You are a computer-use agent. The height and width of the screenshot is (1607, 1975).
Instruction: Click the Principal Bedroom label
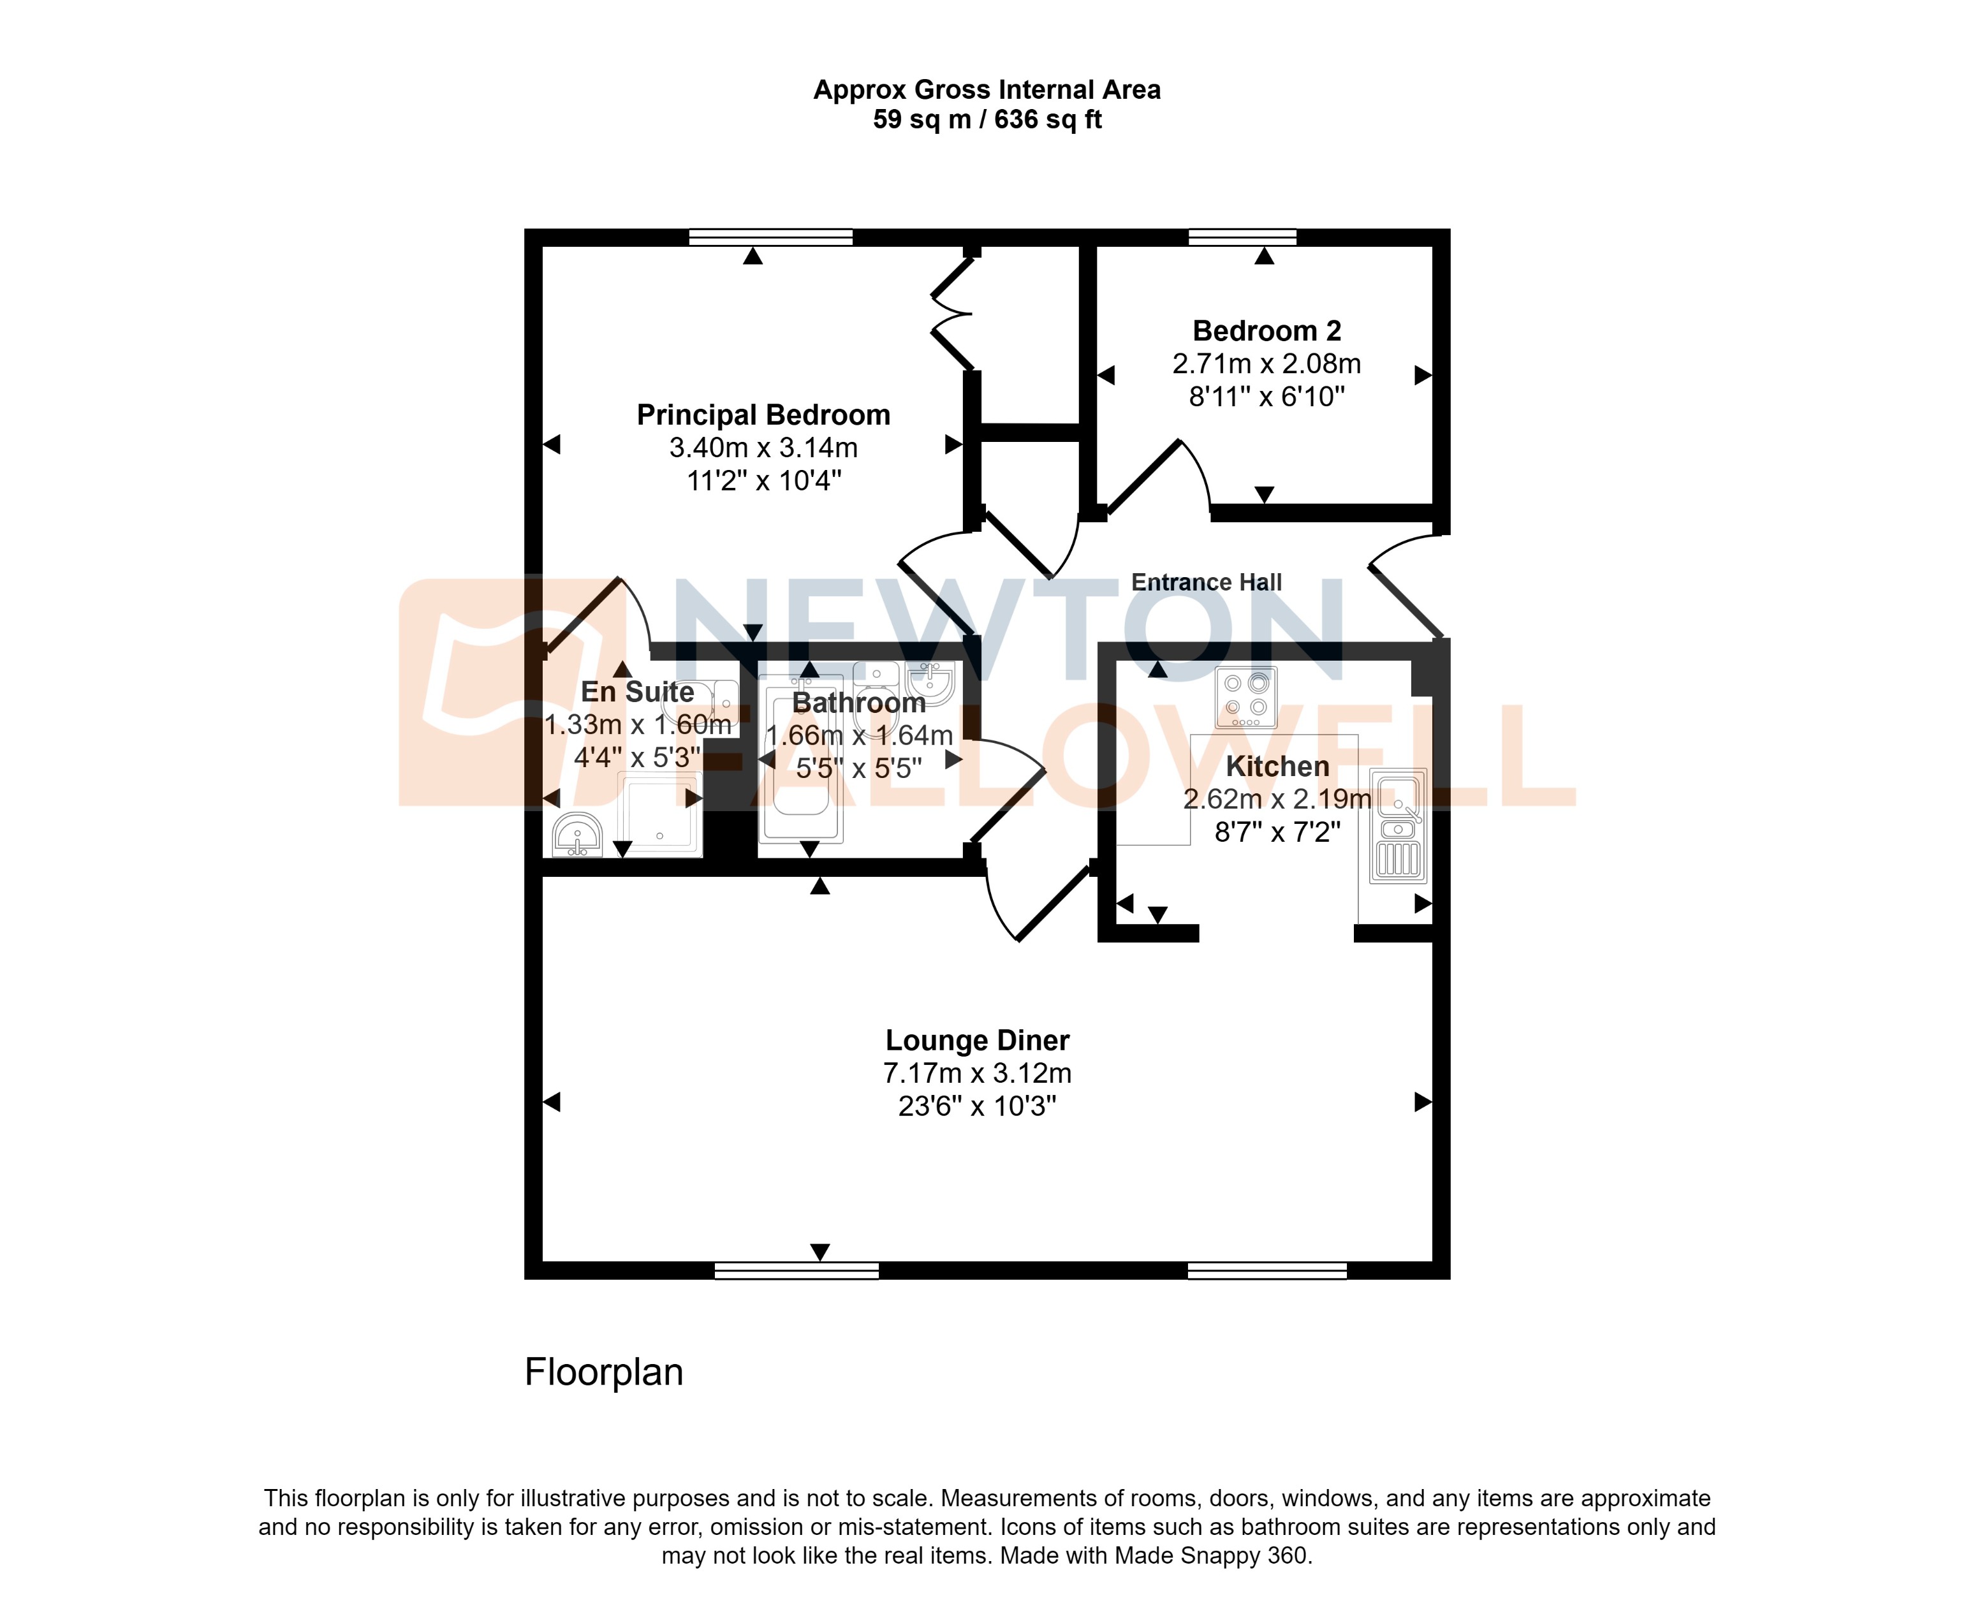pyautogui.click(x=763, y=415)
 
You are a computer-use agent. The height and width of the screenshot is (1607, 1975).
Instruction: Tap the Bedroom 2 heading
pyautogui.click(x=1266, y=330)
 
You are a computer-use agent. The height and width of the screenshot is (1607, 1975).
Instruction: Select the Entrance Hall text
pyautogui.click(x=1206, y=582)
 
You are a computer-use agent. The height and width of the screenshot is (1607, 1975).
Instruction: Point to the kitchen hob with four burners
pyautogui.click(x=1245, y=697)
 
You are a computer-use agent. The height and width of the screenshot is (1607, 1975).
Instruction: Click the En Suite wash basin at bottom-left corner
pyautogui.click(x=576, y=836)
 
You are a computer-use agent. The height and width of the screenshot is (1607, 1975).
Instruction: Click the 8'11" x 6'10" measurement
pyautogui.click(x=1266, y=397)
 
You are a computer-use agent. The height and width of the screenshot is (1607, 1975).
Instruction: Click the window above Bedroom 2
pyautogui.click(x=1242, y=238)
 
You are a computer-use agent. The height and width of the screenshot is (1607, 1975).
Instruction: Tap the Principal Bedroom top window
pyautogui.click(x=770, y=238)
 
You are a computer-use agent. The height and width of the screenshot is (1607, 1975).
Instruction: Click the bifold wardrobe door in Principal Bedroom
pyautogui.click(x=951, y=315)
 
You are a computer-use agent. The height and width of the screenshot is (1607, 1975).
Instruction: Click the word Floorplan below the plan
pyautogui.click(x=603, y=1372)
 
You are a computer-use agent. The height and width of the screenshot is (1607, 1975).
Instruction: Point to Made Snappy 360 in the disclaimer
pyautogui.click(x=1210, y=1555)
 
